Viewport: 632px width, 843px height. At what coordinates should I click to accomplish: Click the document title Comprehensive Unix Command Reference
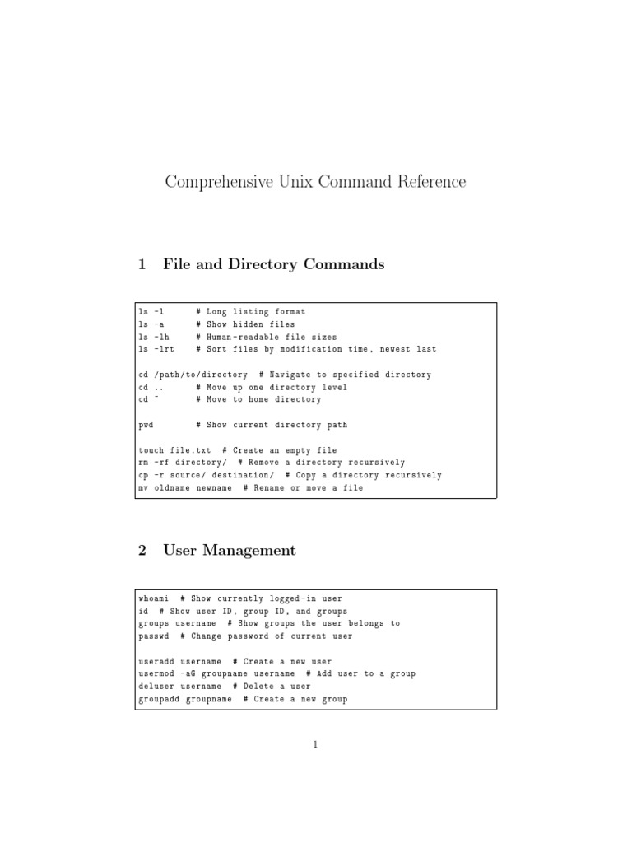click(x=315, y=182)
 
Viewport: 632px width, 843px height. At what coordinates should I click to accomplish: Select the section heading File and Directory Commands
click(x=273, y=265)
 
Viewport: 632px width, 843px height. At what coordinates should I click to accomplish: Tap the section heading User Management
click(x=230, y=551)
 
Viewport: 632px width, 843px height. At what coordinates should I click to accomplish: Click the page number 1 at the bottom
click(x=315, y=746)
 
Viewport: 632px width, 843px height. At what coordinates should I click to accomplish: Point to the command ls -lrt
click(x=156, y=349)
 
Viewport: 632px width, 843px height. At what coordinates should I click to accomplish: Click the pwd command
click(x=146, y=425)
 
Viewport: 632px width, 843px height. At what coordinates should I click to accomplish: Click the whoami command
click(x=154, y=598)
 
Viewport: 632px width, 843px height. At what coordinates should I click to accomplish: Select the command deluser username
click(x=179, y=687)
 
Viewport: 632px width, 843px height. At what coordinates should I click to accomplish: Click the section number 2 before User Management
click(x=142, y=551)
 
